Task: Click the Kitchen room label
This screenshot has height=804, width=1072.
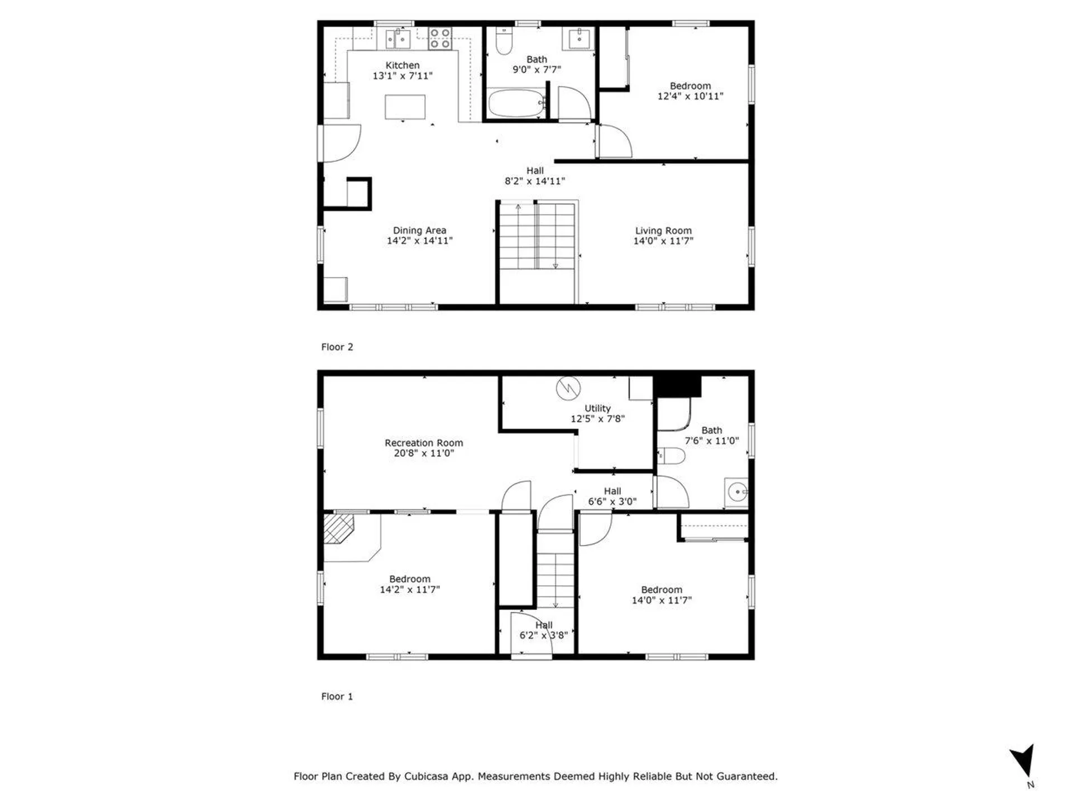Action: [402, 65]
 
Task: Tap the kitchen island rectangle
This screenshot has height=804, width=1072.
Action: [405, 107]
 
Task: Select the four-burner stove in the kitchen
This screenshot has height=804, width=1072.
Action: [440, 38]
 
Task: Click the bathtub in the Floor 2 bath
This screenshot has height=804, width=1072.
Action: [516, 103]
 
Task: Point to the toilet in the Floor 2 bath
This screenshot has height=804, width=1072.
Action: [504, 41]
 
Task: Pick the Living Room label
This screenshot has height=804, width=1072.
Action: [663, 231]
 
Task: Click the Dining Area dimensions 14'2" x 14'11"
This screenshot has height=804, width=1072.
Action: [420, 241]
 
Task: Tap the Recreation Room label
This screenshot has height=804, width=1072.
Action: [424, 443]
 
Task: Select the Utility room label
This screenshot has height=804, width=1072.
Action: [597, 408]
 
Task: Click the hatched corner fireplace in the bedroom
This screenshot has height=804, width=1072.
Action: [338, 529]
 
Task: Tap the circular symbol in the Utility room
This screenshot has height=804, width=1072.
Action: [568, 387]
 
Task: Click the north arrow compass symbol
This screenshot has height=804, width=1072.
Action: [1024, 761]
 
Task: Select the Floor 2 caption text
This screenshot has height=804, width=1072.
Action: [337, 347]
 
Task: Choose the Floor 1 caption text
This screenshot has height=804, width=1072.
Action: [337, 696]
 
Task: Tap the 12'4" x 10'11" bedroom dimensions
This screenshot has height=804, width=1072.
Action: [690, 96]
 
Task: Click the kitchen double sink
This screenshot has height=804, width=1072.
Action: [398, 39]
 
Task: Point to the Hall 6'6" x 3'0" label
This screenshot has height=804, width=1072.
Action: [612, 496]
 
